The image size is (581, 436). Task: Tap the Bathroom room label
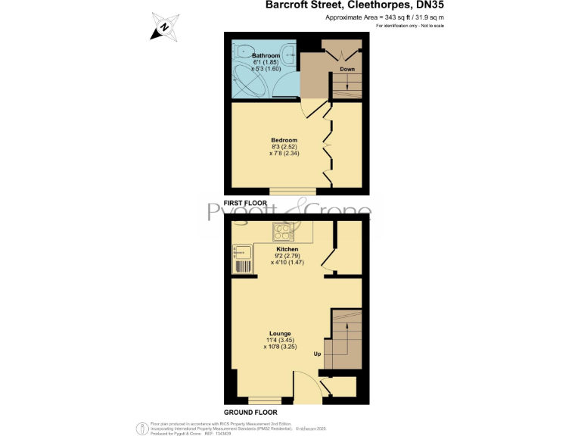click(x=266, y=56)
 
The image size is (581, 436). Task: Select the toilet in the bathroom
click(x=242, y=52)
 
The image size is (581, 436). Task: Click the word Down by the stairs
click(x=347, y=69)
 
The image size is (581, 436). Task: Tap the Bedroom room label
click(x=284, y=140)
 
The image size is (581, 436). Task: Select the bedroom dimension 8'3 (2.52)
click(x=284, y=147)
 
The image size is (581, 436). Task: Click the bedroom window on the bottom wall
click(x=293, y=190)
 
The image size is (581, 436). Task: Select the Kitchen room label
click(x=287, y=249)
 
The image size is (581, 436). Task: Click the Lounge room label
click(x=280, y=333)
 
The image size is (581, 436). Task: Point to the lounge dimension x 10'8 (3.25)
click(x=281, y=347)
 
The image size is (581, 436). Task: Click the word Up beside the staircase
click(x=318, y=353)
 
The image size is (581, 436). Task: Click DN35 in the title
click(x=425, y=5)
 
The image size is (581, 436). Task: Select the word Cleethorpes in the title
click(x=362, y=5)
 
